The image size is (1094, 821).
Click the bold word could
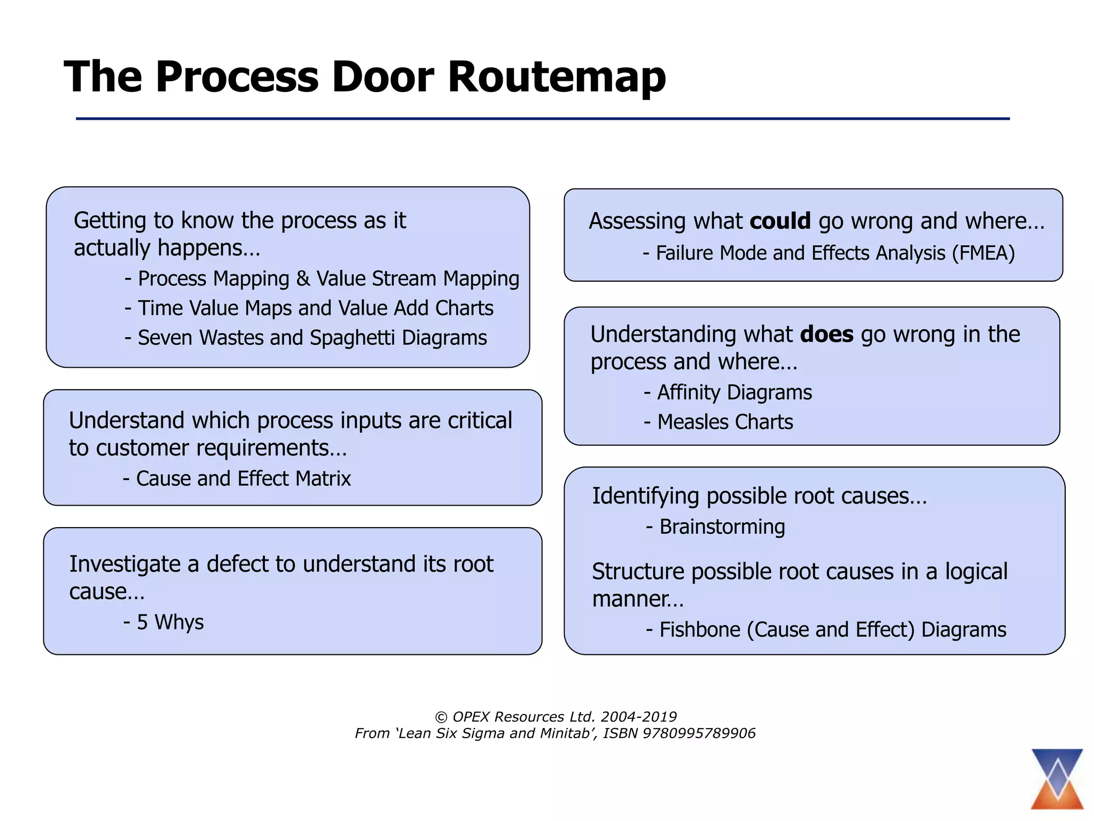tap(780, 221)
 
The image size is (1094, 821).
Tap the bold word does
tap(826, 335)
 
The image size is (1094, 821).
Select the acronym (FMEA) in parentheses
tap(983, 253)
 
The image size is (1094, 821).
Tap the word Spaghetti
tap(352, 338)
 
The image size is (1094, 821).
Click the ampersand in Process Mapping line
tap(302, 279)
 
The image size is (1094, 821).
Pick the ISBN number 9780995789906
tap(699, 733)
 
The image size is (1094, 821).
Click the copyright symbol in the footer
tap(441, 717)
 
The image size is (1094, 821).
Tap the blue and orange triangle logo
tap(1057, 779)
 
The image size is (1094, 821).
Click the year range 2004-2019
tap(638, 717)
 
